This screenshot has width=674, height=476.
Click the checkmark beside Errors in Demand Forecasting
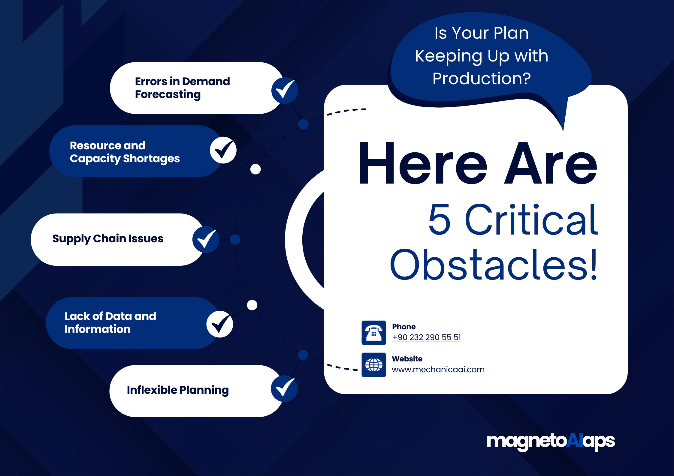285,90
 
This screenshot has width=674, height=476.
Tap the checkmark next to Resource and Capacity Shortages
223,150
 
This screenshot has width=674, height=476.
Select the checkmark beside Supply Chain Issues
206,239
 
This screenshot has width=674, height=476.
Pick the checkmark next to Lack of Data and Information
220,324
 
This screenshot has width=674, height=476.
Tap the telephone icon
373,333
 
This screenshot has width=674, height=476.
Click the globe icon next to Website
373,365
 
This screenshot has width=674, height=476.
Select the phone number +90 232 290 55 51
426,337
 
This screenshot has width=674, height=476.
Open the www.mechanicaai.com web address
438,370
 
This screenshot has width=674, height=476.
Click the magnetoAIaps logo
551,441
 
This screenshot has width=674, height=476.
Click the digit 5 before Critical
439,219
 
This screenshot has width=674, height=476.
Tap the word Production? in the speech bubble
482,78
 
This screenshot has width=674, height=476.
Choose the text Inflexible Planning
178,390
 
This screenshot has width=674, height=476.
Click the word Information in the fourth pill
98,329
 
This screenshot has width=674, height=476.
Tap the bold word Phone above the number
404,327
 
